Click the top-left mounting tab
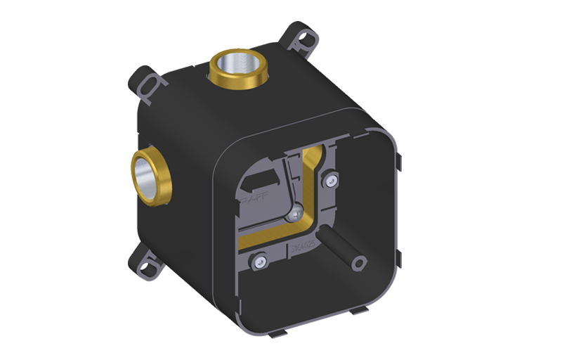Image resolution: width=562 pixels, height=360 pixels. pyautogui.click(x=146, y=86)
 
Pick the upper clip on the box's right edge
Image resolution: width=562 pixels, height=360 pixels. pyautogui.click(x=397, y=165)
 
